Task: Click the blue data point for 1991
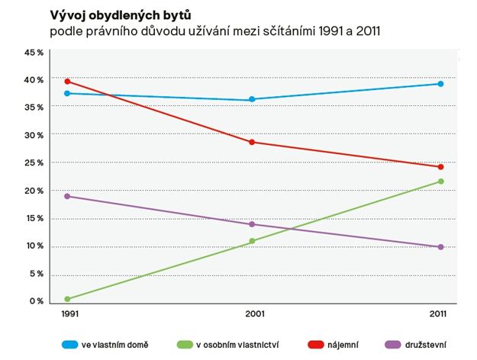pyautogui.click(x=68, y=93)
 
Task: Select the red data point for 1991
pyautogui.click(x=68, y=81)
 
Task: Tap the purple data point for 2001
pyautogui.click(x=252, y=224)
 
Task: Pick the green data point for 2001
pyautogui.click(x=252, y=241)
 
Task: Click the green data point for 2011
pyautogui.click(x=440, y=182)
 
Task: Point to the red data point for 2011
pyautogui.click(x=440, y=167)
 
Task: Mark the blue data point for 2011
pyautogui.click(x=440, y=84)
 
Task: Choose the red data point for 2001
pyautogui.click(x=252, y=142)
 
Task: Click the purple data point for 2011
pyautogui.click(x=440, y=247)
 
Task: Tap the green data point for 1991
pyautogui.click(x=68, y=299)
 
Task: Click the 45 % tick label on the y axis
pyautogui.click(x=35, y=52)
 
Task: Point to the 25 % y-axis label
pyautogui.click(x=35, y=163)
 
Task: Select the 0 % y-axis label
pyautogui.click(x=37, y=301)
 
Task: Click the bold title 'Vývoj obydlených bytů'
pyautogui.click(x=120, y=14)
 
